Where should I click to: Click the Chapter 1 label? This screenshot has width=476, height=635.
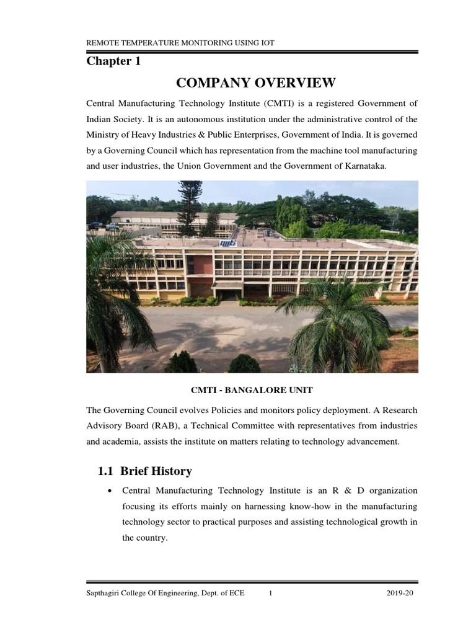tap(109, 61)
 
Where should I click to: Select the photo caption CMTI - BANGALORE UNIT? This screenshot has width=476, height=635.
tap(251, 389)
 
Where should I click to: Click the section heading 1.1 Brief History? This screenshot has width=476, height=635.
tap(145, 471)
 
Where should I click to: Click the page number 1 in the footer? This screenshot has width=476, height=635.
tap(271, 593)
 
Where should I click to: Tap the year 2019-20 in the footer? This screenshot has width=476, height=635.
tap(399, 593)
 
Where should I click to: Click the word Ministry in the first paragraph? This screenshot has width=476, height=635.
tap(102, 135)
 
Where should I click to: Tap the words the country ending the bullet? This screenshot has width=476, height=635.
tap(144, 538)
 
